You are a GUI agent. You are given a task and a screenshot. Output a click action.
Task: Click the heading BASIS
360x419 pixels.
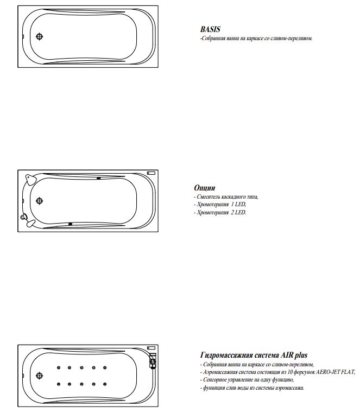click(x=210, y=29)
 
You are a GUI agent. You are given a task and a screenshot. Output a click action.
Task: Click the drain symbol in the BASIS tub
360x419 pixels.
click(x=39, y=36)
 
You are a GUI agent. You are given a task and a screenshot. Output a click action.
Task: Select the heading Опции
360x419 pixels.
click(x=205, y=188)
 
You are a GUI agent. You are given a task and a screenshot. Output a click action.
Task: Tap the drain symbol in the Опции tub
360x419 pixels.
click(x=39, y=201)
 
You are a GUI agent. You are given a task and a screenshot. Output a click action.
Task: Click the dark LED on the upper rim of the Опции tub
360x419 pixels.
click(x=99, y=178)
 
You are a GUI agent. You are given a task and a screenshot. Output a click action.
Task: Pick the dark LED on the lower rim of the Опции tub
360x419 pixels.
click(x=70, y=224)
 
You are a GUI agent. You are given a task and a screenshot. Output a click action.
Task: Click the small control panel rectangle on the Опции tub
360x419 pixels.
click(x=151, y=173)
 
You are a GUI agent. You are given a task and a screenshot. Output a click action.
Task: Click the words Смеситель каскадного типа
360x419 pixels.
click(x=227, y=197)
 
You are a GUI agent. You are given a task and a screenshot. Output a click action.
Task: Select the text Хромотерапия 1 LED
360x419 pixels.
click(x=222, y=205)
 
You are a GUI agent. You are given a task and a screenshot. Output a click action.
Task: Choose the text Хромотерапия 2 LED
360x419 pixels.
click(x=222, y=213)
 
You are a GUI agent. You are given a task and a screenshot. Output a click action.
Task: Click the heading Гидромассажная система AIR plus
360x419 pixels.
click(x=254, y=355)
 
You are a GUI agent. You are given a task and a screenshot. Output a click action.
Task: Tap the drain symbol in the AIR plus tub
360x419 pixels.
click(x=39, y=376)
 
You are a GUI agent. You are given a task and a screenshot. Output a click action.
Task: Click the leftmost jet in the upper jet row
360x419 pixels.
click(x=59, y=367)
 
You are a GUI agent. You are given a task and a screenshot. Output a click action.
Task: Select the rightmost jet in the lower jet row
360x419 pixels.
click(x=105, y=384)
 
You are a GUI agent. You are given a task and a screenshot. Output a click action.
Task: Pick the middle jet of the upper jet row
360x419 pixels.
click(x=81, y=367)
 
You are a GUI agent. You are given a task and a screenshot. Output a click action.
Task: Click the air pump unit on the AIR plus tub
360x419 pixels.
click(x=153, y=361)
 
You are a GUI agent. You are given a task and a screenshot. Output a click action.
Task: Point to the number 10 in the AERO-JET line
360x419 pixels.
click(x=290, y=372)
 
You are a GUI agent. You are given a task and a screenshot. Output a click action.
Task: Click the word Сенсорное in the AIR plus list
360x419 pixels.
click(x=214, y=380)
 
